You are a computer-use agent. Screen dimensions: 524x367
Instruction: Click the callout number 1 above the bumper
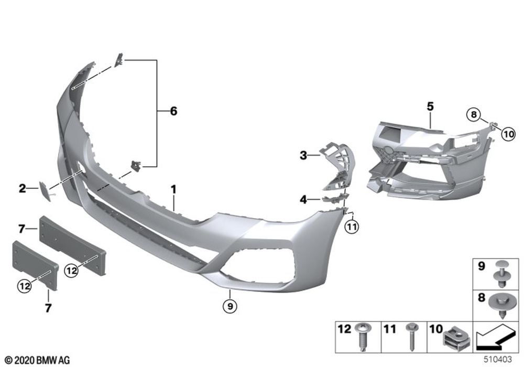173,189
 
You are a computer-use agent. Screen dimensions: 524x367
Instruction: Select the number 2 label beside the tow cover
23,189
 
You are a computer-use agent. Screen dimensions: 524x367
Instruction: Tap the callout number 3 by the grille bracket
303,155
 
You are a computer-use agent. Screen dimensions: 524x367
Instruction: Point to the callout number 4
303,200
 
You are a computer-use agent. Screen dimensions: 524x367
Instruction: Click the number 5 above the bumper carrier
430,106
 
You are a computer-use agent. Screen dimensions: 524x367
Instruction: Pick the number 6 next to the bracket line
173,111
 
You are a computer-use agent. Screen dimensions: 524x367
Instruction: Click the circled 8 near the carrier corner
473,115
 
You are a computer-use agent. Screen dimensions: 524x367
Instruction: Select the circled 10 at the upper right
509,134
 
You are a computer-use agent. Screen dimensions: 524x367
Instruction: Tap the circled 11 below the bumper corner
352,228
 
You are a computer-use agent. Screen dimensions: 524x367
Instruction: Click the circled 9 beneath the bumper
230,306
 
